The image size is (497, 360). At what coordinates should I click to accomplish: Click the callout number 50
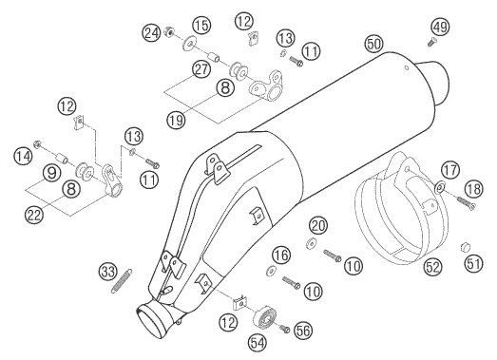(x=374, y=44)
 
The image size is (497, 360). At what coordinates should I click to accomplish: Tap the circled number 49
(x=441, y=27)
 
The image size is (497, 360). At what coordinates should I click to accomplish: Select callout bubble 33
(x=108, y=272)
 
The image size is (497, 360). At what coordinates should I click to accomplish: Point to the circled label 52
(x=433, y=267)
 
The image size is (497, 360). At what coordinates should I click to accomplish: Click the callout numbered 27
(x=201, y=69)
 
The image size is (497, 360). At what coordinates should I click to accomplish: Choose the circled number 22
(x=34, y=216)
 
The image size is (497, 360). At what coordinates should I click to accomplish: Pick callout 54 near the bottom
(x=258, y=343)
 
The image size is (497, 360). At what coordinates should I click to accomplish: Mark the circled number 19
(x=176, y=120)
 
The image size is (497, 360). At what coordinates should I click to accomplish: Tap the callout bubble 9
(x=52, y=173)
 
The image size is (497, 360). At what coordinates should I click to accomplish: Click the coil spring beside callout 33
(x=122, y=281)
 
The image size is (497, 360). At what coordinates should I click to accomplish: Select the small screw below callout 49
(x=431, y=42)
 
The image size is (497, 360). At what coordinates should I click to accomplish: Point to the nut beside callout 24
(x=169, y=31)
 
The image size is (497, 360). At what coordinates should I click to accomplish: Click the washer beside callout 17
(x=439, y=187)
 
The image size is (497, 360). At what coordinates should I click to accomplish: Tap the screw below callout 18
(x=466, y=203)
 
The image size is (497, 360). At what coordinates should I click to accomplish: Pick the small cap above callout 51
(x=465, y=247)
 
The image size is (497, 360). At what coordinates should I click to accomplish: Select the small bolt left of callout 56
(x=284, y=329)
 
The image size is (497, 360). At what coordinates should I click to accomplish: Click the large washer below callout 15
(x=189, y=44)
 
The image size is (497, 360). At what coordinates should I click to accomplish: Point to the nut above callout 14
(x=37, y=144)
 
